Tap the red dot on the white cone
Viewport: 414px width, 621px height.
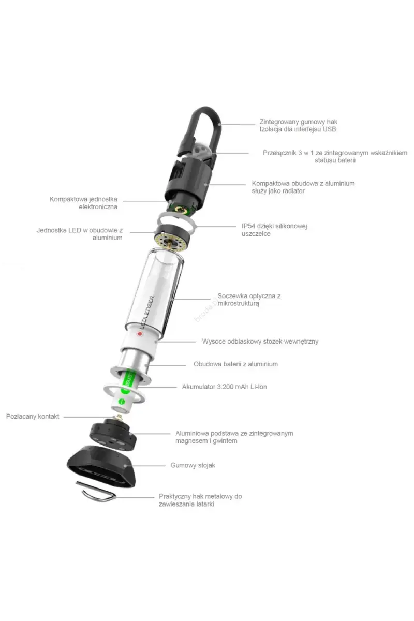[x=139, y=334]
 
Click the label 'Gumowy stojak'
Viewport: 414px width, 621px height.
[x=193, y=465]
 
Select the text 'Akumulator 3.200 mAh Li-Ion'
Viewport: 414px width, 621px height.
[x=224, y=387]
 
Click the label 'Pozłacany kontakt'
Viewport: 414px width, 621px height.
[x=33, y=416]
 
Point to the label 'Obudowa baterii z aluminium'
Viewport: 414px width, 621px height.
[x=235, y=364]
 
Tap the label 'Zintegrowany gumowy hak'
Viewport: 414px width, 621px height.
[x=299, y=122]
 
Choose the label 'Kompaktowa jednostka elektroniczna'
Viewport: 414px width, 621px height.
[x=84, y=203]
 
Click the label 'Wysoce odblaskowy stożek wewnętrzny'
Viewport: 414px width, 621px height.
[x=260, y=342]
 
